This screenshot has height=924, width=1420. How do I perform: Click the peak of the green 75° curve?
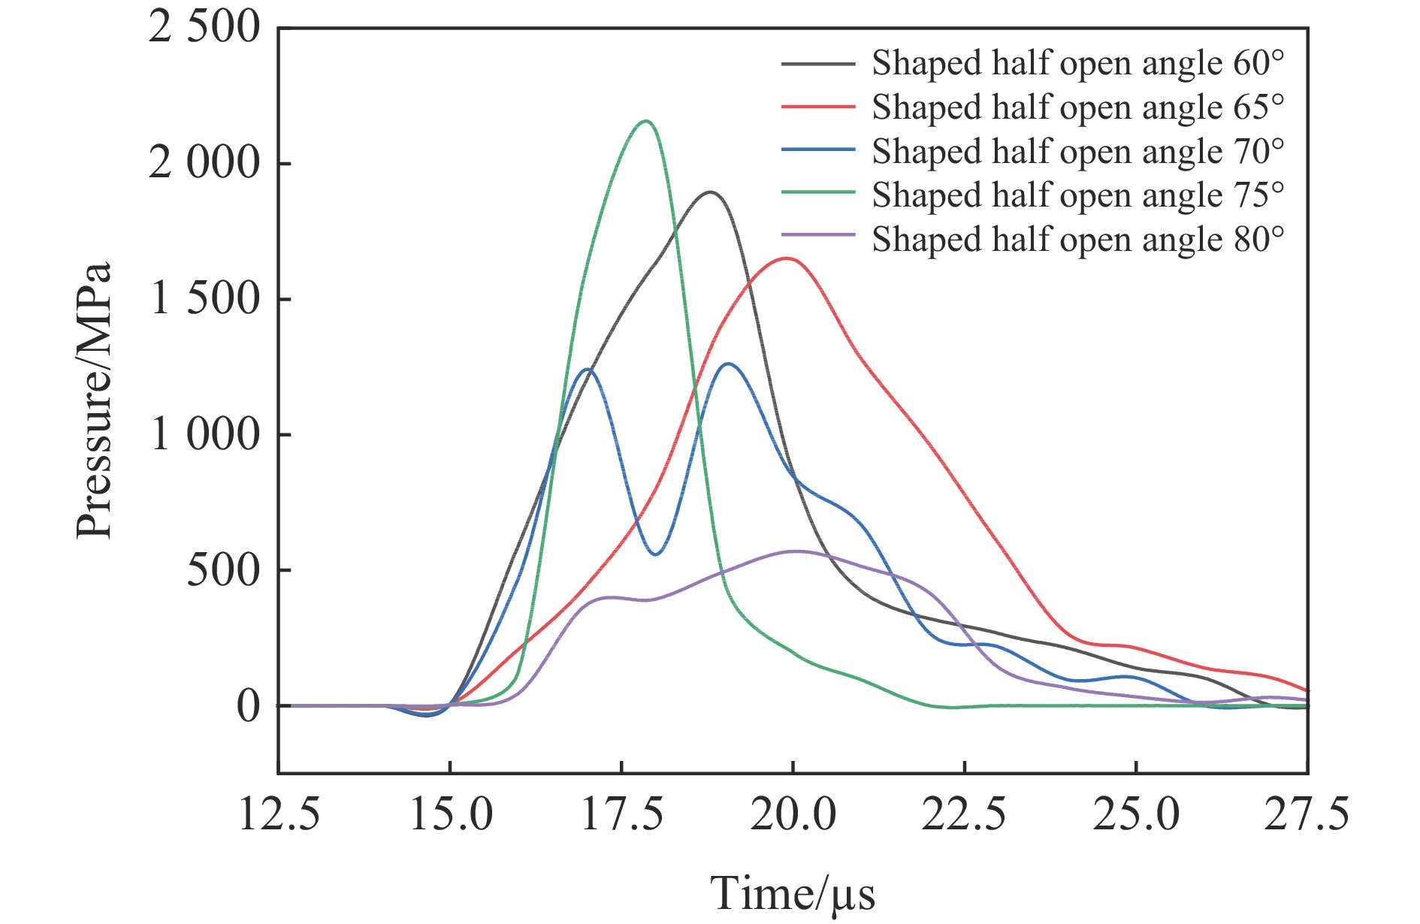pyautogui.click(x=646, y=121)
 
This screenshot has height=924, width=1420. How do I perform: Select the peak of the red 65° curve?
pyautogui.click(x=787, y=258)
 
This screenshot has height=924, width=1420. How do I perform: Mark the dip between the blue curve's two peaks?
pyautogui.click(x=656, y=554)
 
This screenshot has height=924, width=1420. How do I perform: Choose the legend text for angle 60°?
pyautogui.click(x=1077, y=64)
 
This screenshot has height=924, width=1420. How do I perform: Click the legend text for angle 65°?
pyautogui.click(x=1077, y=107)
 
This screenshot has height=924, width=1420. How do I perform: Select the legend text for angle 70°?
pyautogui.click(x=1077, y=152)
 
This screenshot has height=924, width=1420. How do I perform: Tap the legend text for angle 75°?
pyautogui.click(x=1077, y=195)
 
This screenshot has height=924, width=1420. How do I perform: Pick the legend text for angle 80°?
pyautogui.click(x=1077, y=240)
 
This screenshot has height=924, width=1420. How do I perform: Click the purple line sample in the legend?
pyautogui.click(x=818, y=235)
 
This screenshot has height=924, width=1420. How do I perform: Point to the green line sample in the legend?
pyautogui.click(x=818, y=192)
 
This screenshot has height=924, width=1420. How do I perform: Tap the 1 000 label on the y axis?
pyautogui.click(x=205, y=434)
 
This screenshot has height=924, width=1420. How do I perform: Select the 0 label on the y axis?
pyautogui.click(x=248, y=706)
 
